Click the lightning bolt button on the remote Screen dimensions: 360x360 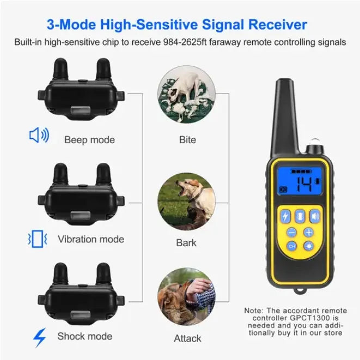coord(286,216)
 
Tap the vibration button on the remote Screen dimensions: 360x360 coord(300,216)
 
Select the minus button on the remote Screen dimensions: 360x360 coord(291,232)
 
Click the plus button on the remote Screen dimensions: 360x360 coord(309,232)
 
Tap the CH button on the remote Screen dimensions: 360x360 coord(292,246)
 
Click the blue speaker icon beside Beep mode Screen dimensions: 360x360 coord(39,135)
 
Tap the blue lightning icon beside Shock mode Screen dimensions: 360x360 coord(39,337)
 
